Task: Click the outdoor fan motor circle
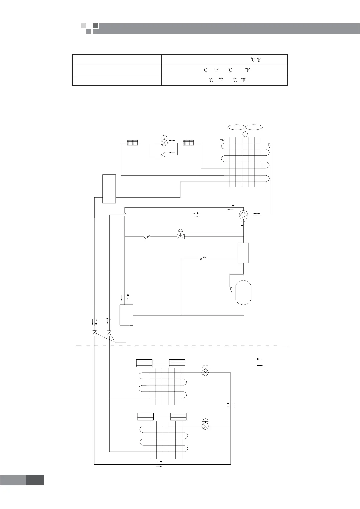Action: click(245, 134)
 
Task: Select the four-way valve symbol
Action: click(243, 215)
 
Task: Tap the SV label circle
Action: click(181, 231)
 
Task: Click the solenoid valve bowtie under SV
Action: click(181, 237)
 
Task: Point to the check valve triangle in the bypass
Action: click(163, 155)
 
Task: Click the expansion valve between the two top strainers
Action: click(164, 142)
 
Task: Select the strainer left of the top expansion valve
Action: click(132, 143)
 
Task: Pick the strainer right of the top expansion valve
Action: click(188, 143)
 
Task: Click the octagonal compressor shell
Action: click(244, 293)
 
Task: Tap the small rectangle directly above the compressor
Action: click(243, 253)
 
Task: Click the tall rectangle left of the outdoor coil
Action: click(109, 189)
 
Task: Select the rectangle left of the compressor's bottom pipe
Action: click(126, 315)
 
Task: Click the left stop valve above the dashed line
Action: click(95, 333)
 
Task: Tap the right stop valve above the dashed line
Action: click(109, 333)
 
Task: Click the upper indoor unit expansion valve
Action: click(205, 372)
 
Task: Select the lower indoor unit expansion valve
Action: click(205, 426)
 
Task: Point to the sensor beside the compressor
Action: click(231, 290)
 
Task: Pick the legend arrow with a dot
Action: click(260, 359)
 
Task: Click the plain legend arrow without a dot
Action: click(260, 365)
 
